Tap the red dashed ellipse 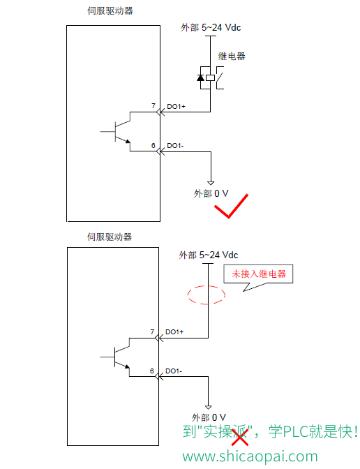point(188,295)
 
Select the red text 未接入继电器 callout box point(258,274)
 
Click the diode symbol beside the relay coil point(201,77)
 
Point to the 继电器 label point(232,56)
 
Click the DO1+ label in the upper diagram point(176,107)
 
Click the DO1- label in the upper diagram point(175,146)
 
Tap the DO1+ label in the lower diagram point(174,332)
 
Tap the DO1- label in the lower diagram point(174,371)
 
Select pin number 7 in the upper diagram point(153,106)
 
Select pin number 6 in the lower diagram point(152,371)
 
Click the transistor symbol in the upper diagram point(116,132)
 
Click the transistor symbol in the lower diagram point(115,357)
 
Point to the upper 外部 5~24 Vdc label point(211,27)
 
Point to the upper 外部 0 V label point(211,193)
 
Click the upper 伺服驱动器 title point(110,10)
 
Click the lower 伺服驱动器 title point(110,237)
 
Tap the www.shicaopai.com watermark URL point(250,456)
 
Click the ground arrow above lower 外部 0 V point(209,407)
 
